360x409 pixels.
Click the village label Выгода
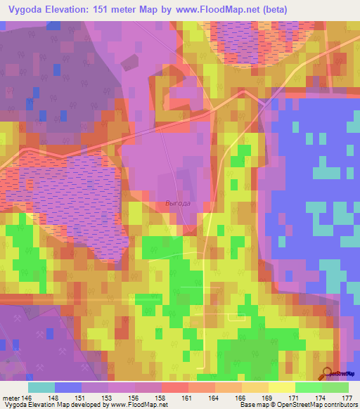click(x=177, y=203)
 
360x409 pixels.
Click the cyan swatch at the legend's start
click(x=41, y=387)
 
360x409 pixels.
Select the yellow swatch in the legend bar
click(x=281, y=387)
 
